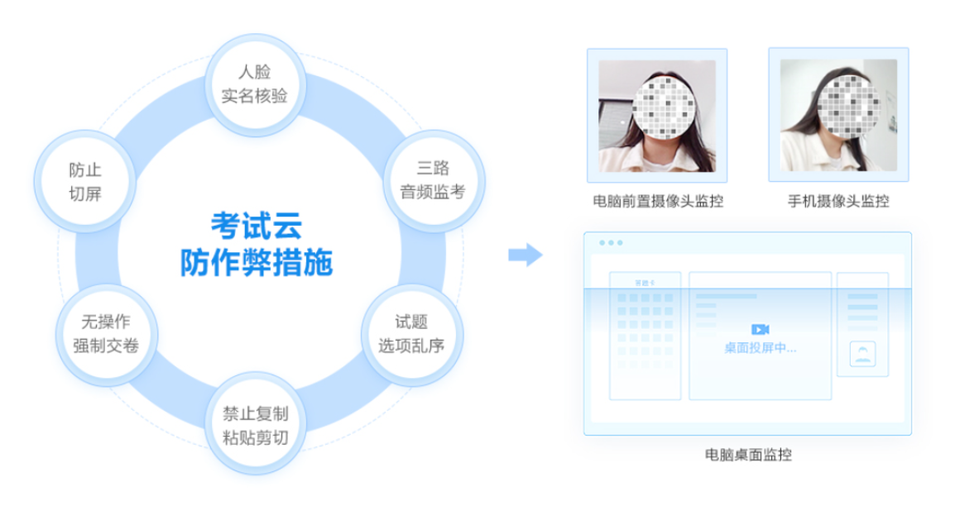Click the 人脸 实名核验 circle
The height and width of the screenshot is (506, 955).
(x=255, y=84)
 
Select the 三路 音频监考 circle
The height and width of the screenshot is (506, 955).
(x=433, y=180)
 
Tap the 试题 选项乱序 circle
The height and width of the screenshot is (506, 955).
(x=412, y=334)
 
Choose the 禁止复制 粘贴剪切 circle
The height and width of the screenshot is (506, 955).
(x=255, y=425)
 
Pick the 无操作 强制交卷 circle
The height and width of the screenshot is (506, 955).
(x=107, y=334)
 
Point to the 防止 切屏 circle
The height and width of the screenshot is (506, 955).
(x=84, y=181)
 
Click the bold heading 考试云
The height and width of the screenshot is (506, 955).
(x=257, y=227)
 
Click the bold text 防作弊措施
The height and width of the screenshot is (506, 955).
(x=257, y=263)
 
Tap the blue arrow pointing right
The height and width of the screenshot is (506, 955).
(x=525, y=255)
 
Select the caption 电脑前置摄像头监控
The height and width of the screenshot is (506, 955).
(x=658, y=201)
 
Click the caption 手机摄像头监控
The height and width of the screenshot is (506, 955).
(x=838, y=201)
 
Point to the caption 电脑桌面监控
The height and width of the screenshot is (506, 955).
(x=748, y=454)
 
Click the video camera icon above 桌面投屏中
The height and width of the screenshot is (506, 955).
(x=760, y=330)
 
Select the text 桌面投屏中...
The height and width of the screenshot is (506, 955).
(x=760, y=348)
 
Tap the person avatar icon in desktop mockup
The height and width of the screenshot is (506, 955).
(x=862, y=354)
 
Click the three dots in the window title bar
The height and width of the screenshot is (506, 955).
(x=611, y=242)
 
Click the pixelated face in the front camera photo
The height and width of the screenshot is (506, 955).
(x=664, y=107)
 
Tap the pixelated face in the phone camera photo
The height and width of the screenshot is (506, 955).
(x=848, y=106)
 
